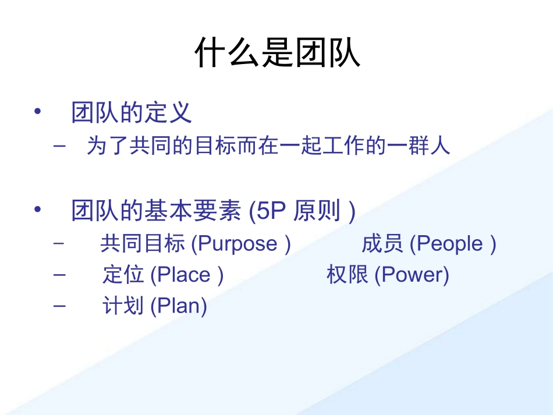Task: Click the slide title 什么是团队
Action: pos(277,54)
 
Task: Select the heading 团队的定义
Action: pos(132,112)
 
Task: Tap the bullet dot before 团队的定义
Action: pos(38,111)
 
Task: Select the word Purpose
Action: pos(237,244)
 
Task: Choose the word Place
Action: pos(184,275)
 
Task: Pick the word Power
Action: pos(412,275)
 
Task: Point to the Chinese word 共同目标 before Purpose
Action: pos(143,244)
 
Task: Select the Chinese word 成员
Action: pos(382,244)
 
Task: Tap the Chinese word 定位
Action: pos(123,275)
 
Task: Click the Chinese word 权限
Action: pos(347,275)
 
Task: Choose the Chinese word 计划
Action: pos(123,306)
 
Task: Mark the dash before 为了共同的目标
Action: pos(59,146)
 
